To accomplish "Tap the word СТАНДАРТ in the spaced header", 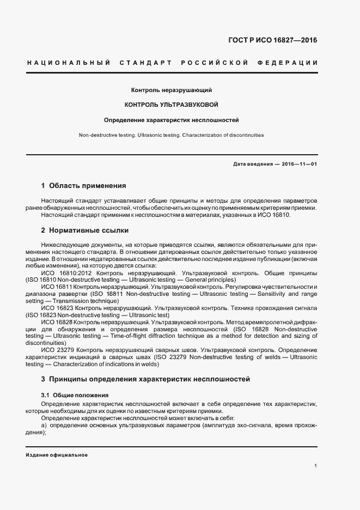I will click(143, 63).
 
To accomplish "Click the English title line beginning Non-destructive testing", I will click(171, 135).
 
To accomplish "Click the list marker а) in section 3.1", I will click(44, 424).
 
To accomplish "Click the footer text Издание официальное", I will click(57, 455).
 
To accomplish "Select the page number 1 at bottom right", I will click(316, 465).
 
